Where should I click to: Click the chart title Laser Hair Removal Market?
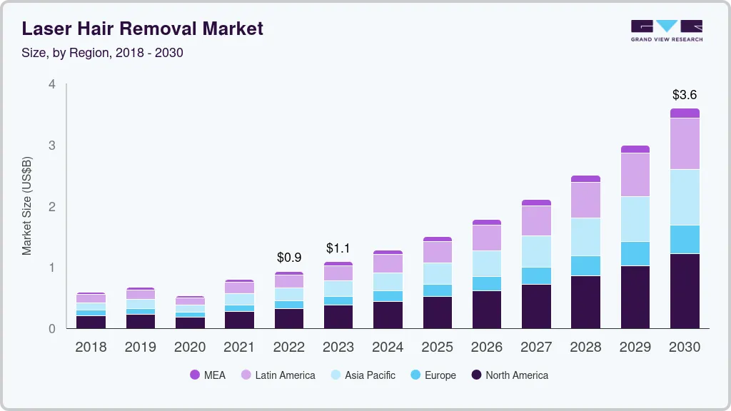(143, 29)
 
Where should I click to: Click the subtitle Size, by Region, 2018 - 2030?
(103, 53)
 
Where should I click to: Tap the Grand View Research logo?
(666, 30)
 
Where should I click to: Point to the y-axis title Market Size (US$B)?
(27, 206)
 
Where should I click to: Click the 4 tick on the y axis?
(52, 84)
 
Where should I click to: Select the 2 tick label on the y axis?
(52, 206)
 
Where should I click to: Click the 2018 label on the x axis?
(91, 347)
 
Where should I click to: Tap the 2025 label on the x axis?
(437, 347)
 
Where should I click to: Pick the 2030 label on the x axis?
(685, 347)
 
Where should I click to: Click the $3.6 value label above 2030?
(685, 94)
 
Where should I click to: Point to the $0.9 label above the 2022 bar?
(288, 257)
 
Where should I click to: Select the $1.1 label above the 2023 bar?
(338, 248)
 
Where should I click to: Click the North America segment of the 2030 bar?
(685, 290)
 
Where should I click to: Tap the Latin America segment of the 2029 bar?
(635, 174)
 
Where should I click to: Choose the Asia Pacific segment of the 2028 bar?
(585, 236)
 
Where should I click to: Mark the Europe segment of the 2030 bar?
(685, 239)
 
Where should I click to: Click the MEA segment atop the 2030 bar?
(685, 113)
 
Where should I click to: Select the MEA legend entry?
(208, 375)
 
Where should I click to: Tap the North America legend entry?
(510, 375)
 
